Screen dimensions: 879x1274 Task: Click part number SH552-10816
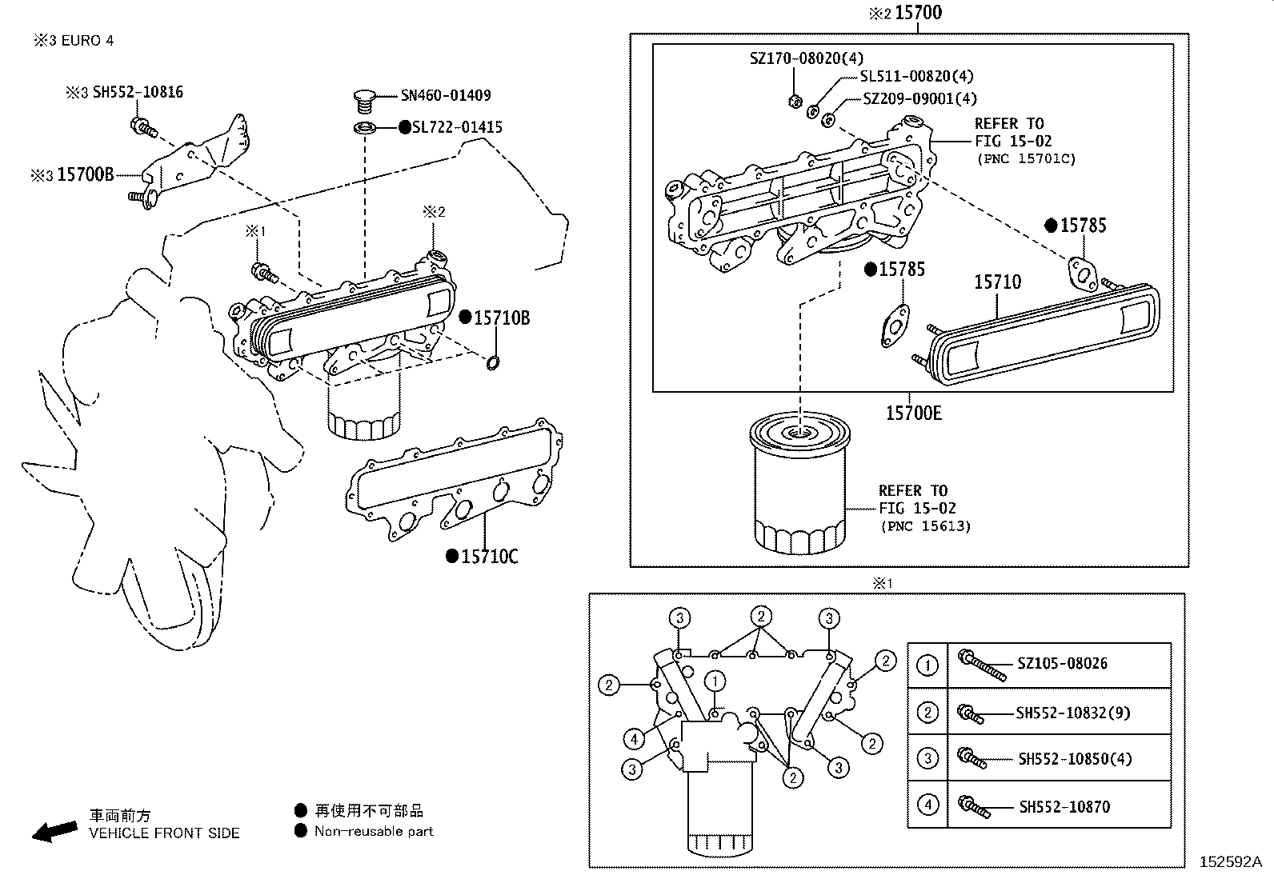tap(138, 92)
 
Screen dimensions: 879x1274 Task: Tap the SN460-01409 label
tap(446, 95)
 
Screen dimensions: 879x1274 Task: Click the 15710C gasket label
tap(489, 556)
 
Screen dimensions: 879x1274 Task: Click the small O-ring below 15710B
tap(494, 364)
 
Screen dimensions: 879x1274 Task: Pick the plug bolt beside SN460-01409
tap(365, 102)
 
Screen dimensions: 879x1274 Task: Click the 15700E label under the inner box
tap(913, 413)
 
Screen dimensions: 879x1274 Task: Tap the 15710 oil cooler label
tap(997, 282)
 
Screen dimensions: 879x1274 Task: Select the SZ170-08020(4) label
tap(806, 58)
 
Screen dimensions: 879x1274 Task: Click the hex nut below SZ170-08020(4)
tap(795, 102)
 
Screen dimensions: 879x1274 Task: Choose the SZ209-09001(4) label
tap(920, 99)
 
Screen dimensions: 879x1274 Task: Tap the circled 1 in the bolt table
tap(927, 665)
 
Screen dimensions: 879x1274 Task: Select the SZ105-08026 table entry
tap(1062, 663)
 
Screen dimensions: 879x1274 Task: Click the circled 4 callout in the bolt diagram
tap(633, 739)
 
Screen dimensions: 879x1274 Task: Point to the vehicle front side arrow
tap(55, 832)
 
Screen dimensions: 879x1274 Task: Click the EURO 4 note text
tap(87, 40)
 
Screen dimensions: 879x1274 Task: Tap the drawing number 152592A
tap(1229, 862)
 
